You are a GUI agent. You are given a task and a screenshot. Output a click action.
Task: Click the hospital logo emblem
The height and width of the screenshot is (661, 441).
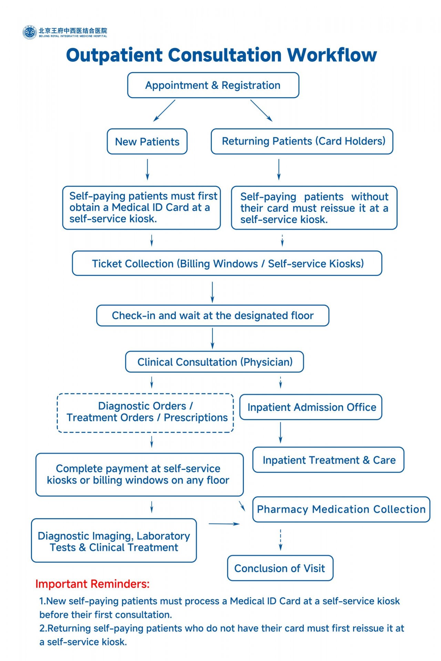point(30,32)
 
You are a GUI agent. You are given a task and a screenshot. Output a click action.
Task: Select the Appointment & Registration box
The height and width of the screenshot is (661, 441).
point(213,85)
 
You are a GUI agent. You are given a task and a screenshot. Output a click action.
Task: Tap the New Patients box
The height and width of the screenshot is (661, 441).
point(147,141)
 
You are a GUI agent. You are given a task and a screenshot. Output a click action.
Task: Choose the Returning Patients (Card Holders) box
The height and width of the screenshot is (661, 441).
point(302,141)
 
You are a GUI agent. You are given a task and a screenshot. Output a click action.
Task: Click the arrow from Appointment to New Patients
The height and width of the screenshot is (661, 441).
point(164,111)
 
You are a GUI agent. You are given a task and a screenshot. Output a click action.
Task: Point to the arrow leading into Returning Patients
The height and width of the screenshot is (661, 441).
point(261,111)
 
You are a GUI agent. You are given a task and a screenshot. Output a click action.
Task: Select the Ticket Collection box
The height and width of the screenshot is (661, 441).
point(227,263)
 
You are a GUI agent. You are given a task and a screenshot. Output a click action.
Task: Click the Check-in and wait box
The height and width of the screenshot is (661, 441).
point(213,315)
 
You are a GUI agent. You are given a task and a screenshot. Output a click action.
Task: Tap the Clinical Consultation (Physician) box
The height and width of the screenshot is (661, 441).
point(214,362)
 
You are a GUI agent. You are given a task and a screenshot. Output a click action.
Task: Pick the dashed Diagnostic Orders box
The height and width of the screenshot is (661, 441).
point(145,413)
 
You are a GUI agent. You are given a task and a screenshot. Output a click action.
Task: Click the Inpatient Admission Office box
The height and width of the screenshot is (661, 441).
point(311,407)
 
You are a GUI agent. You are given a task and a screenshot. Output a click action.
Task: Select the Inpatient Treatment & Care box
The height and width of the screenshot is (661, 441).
point(328,460)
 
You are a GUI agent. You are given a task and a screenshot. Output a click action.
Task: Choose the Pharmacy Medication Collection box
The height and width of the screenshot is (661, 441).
point(341,509)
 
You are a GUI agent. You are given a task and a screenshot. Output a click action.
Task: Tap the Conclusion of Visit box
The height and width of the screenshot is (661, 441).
point(280,568)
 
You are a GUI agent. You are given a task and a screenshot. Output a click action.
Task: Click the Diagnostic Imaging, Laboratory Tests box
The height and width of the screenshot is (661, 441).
point(114,541)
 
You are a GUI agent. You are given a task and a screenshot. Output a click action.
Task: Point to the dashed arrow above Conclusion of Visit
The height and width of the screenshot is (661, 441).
point(280,540)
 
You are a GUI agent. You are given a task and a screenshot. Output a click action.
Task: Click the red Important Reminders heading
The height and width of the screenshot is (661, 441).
point(92,584)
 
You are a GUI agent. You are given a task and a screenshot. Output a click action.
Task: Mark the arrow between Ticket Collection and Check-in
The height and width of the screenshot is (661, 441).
point(212,292)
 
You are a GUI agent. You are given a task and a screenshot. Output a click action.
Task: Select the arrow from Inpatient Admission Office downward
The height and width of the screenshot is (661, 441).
point(280,432)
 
